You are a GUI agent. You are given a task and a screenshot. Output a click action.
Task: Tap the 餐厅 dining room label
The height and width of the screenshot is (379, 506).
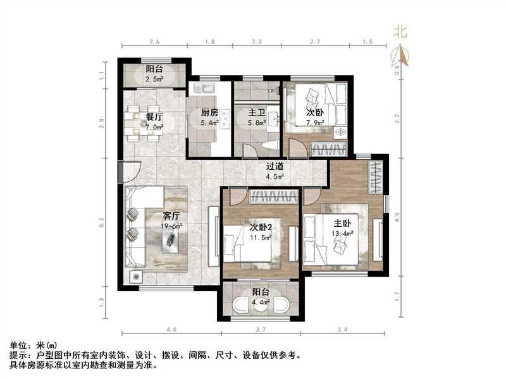(154, 117)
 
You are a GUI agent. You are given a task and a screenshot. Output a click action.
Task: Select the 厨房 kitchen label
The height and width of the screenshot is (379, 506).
(210, 113)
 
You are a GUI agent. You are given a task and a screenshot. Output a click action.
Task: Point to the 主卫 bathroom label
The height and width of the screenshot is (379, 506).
(256, 113)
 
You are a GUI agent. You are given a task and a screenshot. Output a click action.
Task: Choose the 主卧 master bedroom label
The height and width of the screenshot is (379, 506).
(343, 223)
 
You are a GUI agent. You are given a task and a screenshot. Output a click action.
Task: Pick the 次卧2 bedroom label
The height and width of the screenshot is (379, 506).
(260, 227)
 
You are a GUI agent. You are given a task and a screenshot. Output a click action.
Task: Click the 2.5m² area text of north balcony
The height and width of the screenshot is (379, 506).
(154, 80)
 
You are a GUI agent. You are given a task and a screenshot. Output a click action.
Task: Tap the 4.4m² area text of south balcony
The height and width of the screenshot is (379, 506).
(261, 303)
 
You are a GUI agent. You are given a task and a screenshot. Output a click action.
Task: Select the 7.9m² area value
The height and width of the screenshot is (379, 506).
(315, 123)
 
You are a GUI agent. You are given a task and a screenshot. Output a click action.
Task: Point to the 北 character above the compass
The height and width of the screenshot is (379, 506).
(400, 32)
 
